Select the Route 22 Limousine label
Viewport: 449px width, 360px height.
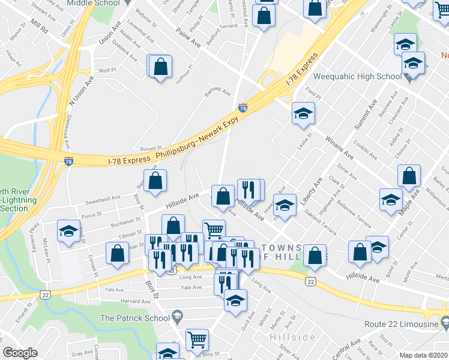pos(400,325)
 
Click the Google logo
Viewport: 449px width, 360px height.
pos(20,353)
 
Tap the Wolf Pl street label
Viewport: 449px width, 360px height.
pos(107,70)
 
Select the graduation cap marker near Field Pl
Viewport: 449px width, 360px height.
pos(303,113)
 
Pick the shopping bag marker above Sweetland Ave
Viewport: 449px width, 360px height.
pos(155,181)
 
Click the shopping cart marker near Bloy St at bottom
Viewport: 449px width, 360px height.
pos(197,340)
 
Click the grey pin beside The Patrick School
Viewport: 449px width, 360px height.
pos(176,316)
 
